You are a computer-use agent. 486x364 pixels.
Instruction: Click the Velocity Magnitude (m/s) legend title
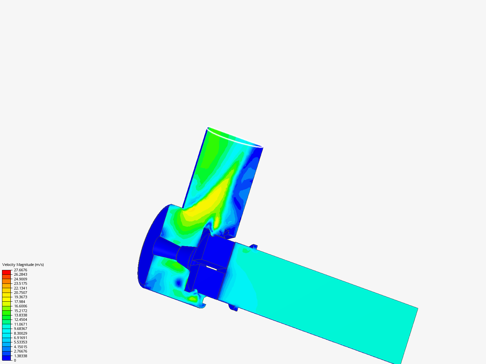23,265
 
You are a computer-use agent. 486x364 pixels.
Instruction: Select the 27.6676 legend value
20,270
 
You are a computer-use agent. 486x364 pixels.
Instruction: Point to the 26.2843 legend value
20,274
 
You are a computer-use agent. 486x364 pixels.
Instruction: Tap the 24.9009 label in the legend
20,279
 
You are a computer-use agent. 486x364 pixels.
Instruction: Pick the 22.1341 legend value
20,288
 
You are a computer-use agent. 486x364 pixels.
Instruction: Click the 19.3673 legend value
20,297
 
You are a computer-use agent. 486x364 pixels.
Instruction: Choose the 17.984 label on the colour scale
19,302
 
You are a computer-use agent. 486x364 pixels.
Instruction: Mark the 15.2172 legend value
20,311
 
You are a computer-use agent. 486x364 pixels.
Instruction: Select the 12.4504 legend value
20,320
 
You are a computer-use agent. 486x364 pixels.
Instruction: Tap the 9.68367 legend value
20,329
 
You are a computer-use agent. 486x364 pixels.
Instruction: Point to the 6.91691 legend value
20,338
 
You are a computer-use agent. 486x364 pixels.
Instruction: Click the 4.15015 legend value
20,347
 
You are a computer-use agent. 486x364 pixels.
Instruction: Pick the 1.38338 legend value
20,356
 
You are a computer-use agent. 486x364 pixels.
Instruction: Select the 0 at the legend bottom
15,360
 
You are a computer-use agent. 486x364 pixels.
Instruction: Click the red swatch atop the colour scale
6,272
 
